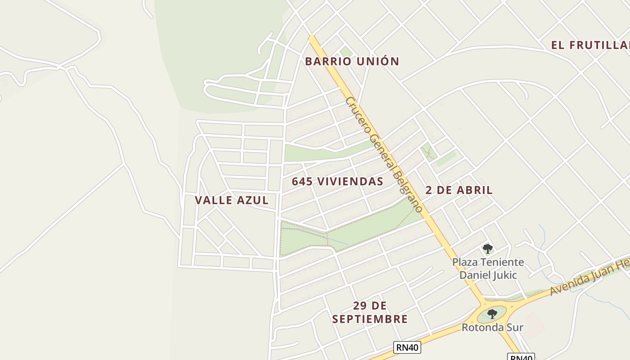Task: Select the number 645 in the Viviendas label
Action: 302,181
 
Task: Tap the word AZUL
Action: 252,200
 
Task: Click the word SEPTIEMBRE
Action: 370,319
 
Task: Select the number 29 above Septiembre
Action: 359,306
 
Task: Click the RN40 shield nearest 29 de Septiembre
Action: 407,347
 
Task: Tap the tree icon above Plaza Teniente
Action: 487,248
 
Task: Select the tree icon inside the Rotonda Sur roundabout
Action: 492,314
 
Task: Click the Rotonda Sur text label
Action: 492,327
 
